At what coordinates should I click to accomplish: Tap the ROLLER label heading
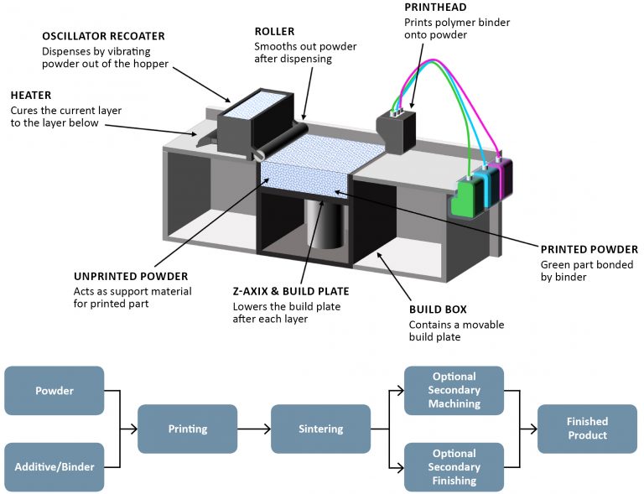274,32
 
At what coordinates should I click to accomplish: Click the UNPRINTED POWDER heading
131,276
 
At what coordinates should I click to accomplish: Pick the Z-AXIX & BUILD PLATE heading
290,291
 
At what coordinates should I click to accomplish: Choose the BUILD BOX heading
437,309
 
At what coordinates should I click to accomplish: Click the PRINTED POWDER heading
589,249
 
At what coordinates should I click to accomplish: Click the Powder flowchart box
55,391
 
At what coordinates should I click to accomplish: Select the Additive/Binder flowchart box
55,466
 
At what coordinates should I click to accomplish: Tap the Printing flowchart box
188,429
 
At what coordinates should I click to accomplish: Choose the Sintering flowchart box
321,429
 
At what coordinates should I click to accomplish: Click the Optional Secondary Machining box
454,390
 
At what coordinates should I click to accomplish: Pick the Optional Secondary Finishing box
454,467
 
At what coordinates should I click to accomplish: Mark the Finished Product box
587,429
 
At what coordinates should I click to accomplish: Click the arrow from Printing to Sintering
254,429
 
